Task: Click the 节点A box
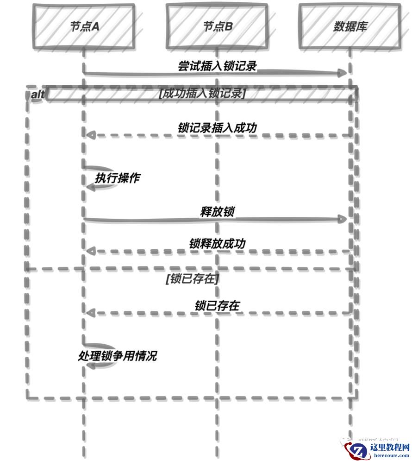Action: tap(84, 26)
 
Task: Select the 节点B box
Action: tap(217, 26)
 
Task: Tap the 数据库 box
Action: tap(350, 26)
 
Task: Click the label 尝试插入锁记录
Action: tap(217, 66)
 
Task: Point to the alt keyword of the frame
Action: tap(37, 95)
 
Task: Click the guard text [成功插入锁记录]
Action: tap(202, 94)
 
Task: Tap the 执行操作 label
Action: tap(117, 178)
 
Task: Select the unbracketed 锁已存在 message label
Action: tap(217, 305)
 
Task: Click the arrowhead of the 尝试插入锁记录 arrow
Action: tap(343, 73)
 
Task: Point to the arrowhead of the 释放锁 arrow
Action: tap(343, 219)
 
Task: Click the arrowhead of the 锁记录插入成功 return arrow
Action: tap(91, 135)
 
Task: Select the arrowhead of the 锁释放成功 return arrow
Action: tap(91, 251)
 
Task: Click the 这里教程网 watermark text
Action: tap(390, 447)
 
